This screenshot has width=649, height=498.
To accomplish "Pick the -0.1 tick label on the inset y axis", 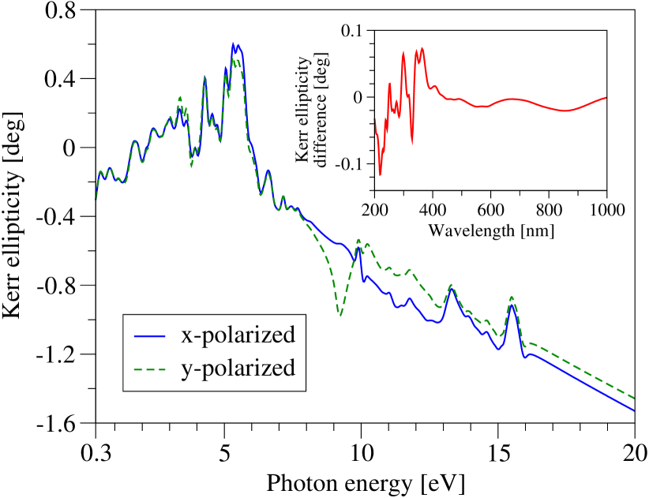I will point(350,163).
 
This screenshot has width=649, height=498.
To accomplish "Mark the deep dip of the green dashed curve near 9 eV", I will point(340,315).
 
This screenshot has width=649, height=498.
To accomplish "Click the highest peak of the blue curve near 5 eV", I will point(234,43).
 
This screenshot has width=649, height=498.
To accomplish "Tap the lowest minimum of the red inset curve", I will point(380,174).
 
